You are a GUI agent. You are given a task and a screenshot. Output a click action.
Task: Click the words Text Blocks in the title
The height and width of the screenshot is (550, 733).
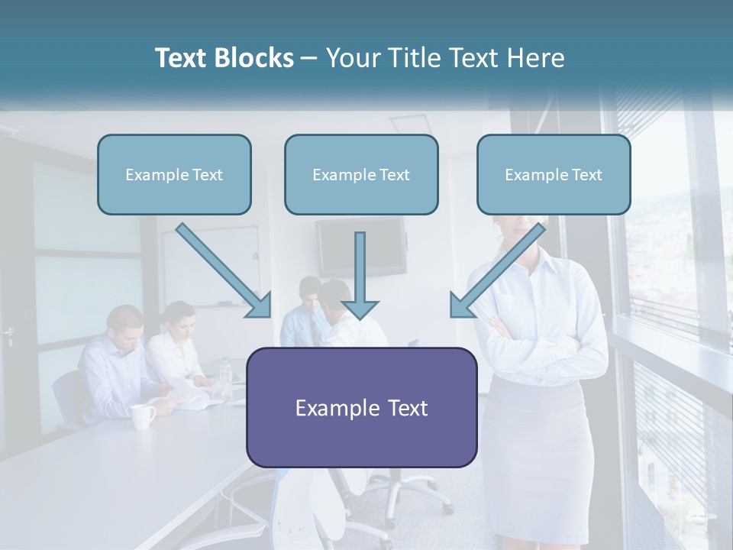point(224,58)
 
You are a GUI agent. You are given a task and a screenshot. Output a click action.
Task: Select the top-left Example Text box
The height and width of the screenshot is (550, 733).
point(174,174)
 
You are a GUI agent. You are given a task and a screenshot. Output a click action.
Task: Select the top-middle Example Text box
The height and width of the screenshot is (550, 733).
point(361,174)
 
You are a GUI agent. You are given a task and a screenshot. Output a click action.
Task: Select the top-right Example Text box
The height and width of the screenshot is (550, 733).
point(554,174)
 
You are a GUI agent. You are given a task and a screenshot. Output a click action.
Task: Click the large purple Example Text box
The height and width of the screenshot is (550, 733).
point(361,407)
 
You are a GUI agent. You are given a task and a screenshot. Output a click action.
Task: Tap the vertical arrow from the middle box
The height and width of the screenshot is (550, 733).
point(360,275)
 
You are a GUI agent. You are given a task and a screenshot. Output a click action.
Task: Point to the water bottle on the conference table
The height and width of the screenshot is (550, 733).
point(224,378)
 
